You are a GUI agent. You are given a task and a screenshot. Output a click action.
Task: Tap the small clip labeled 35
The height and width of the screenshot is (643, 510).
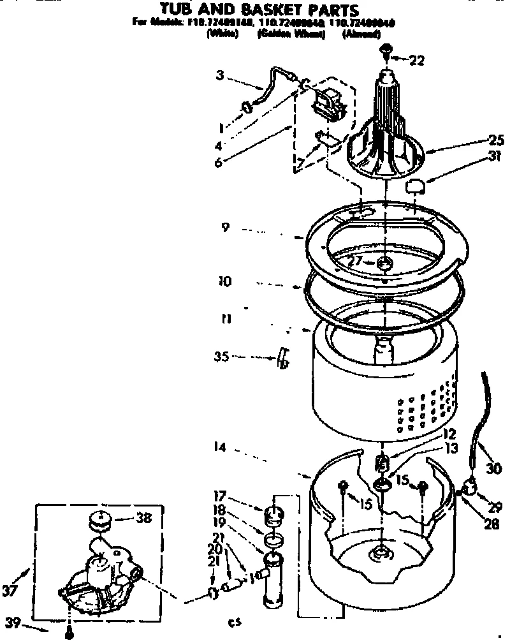[x=282, y=359]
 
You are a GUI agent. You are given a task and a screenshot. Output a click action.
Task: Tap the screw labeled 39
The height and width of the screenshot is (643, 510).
[x=69, y=633]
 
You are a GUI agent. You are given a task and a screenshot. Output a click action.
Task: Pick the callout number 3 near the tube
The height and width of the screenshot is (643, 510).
[x=219, y=75]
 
